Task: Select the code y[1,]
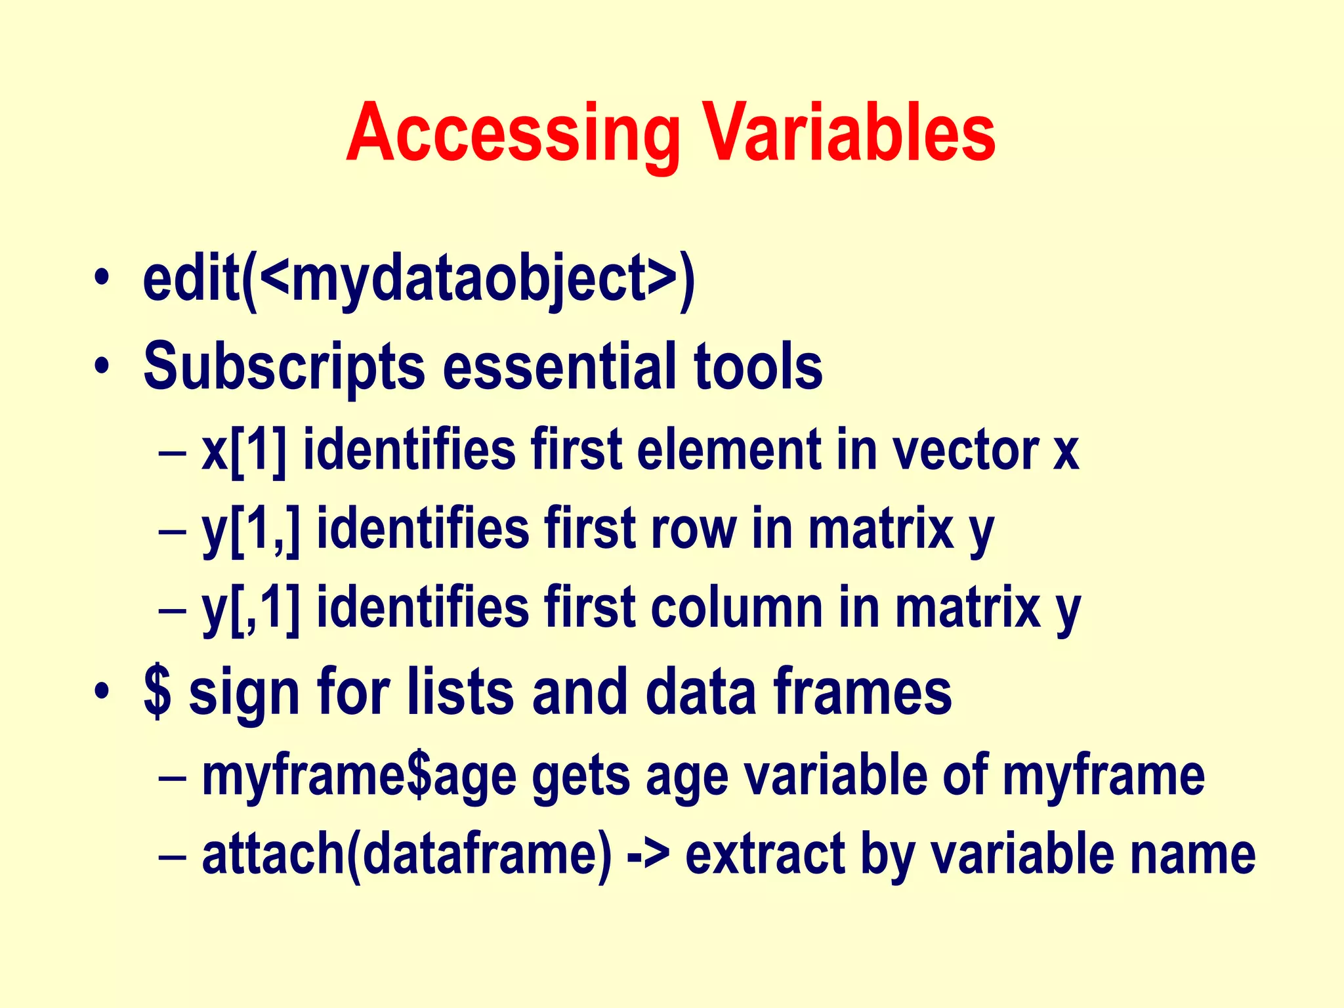click(x=250, y=530)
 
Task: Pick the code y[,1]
click(x=250, y=609)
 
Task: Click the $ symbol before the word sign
click(x=157, y=692)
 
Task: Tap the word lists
click(x=460, y=692)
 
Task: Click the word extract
click(x=765, y=854)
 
